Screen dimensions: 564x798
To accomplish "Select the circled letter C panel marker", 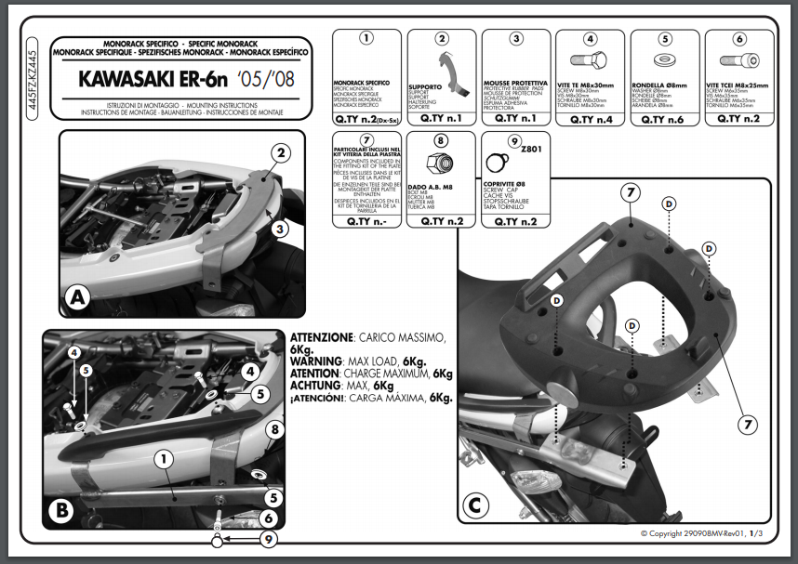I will click(x=474, y=506).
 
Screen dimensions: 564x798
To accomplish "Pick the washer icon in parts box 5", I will click(x=664, y=65).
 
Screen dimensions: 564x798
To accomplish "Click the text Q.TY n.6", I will click(x=664, y=119).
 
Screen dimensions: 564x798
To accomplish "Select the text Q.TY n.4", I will click(x=590, y=119).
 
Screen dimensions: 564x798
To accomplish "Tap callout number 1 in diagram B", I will click(x=163, y=457).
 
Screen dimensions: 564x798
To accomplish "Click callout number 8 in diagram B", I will click(x=273, y=429).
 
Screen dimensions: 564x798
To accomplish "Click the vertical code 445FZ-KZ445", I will click(x=33, y=83).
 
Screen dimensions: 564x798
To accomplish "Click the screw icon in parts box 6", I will click(x=738, y=65).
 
